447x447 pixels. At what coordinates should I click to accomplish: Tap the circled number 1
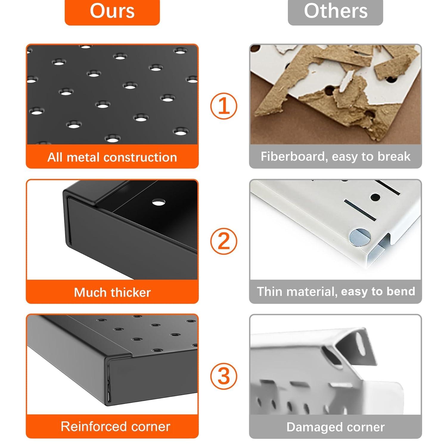click(224, 106)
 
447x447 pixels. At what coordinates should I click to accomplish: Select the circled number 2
click(224, 241)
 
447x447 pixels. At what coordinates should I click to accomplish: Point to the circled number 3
click(224, 376)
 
